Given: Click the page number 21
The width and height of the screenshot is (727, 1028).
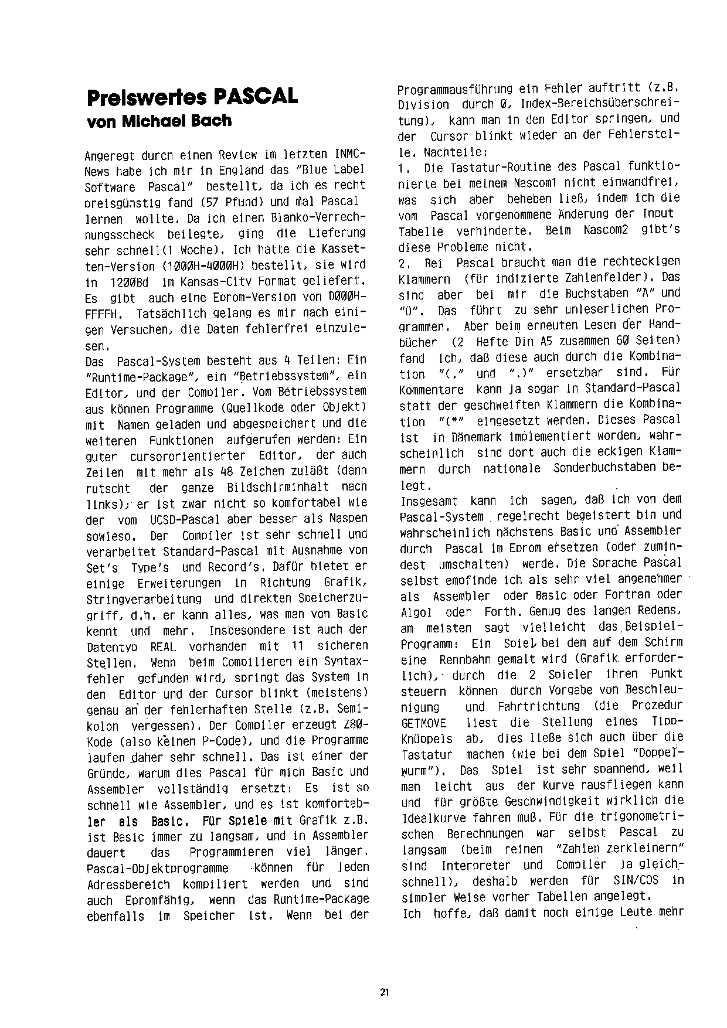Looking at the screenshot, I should point(384,992).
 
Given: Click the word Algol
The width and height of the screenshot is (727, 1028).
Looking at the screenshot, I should point(416,611).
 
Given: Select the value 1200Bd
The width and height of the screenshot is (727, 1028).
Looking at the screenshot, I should point(124,282).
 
